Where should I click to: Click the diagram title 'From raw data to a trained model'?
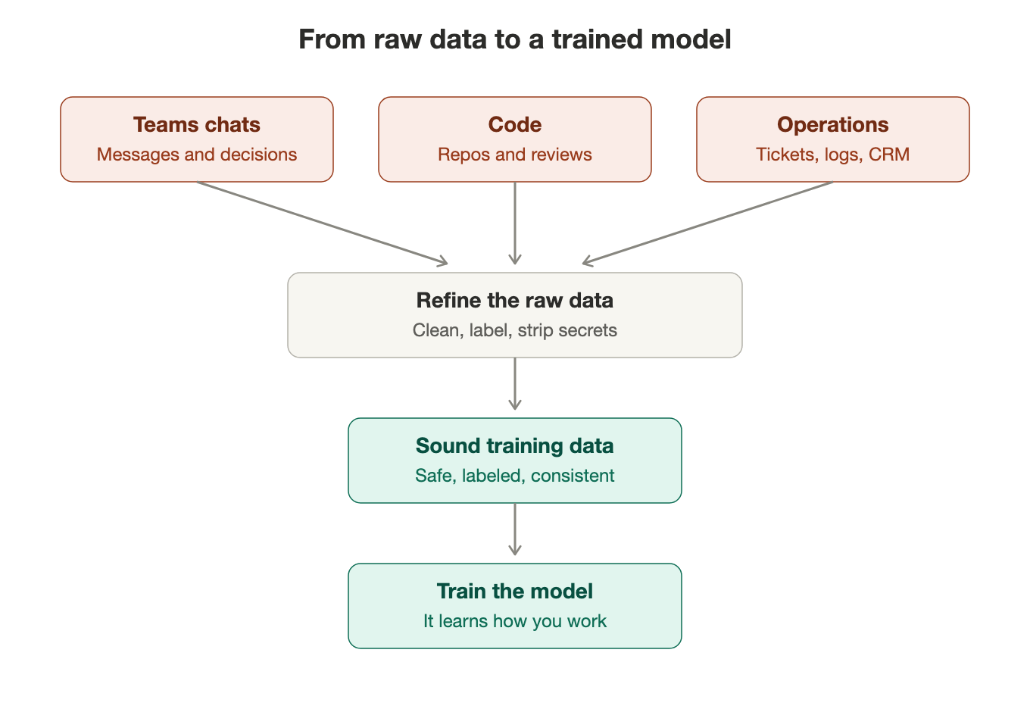click(x=514, y=39)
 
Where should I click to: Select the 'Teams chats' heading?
click(x=197, y=124)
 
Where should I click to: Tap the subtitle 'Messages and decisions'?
click(x=197, y=155)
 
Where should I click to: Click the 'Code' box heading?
click(x=515, y=124)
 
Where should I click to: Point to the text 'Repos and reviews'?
click(x=515, y=155)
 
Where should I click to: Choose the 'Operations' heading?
click(x=833, y=124)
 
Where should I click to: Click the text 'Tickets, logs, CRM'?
click(x=833, y=155)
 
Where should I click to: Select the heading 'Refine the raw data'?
click(x=515, y=300)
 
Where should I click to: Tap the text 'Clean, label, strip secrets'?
click(x=515, y=330)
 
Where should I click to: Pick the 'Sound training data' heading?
click(x=515, y=445)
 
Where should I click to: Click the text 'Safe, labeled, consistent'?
click(x=515, y=476)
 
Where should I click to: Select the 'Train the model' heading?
click(x=515, y=591)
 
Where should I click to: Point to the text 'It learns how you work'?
click(x=515, y=620)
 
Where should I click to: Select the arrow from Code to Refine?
click(x=515, y=223)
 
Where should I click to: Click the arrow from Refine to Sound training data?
click(x=515, y=383)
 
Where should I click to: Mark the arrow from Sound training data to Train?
click(x=515, y=529)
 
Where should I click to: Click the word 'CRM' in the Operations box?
click(x=889, y=155)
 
